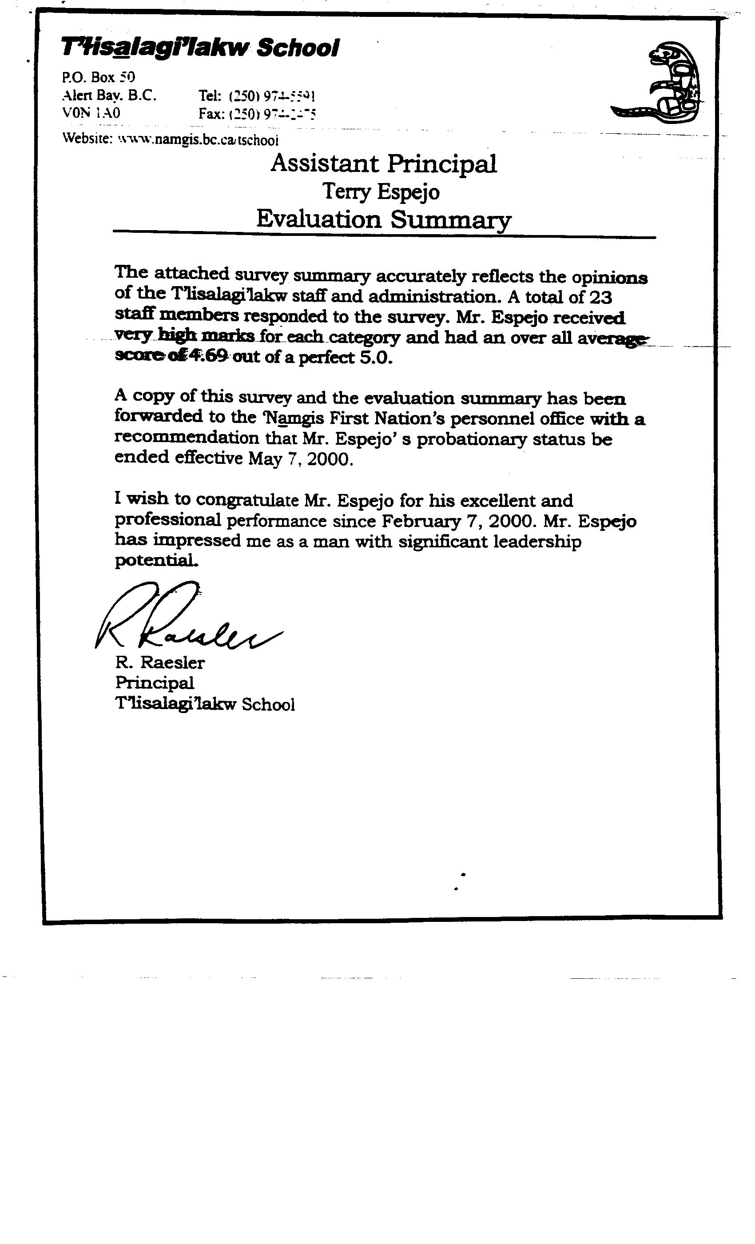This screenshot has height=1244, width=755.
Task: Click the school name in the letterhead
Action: [200, 48]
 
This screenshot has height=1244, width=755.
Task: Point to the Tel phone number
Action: [258, 96]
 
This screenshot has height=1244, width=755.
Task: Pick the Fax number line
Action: [258, 114]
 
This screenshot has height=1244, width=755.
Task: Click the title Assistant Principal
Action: [384, 163]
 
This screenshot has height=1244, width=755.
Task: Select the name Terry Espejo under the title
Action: [381, 191]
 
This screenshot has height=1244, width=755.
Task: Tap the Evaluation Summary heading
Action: [384, 219]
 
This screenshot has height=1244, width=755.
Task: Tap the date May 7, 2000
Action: [300, 459]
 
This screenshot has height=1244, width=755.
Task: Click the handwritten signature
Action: [187, 618]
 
